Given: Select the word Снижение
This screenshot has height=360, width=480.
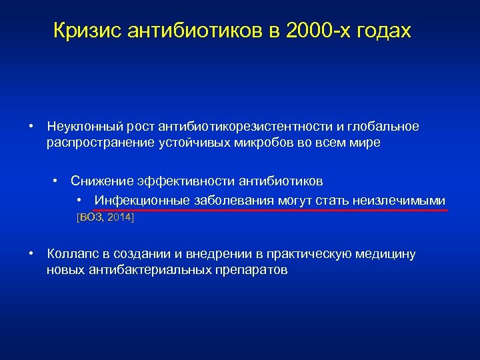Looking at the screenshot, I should click(x=102, y=181).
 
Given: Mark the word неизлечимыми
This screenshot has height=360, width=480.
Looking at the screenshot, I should click(x=405, y=201).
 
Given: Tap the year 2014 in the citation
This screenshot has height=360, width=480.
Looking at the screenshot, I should click(x=121, y=218).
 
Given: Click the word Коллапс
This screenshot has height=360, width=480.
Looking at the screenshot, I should click(x=72, y=254).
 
